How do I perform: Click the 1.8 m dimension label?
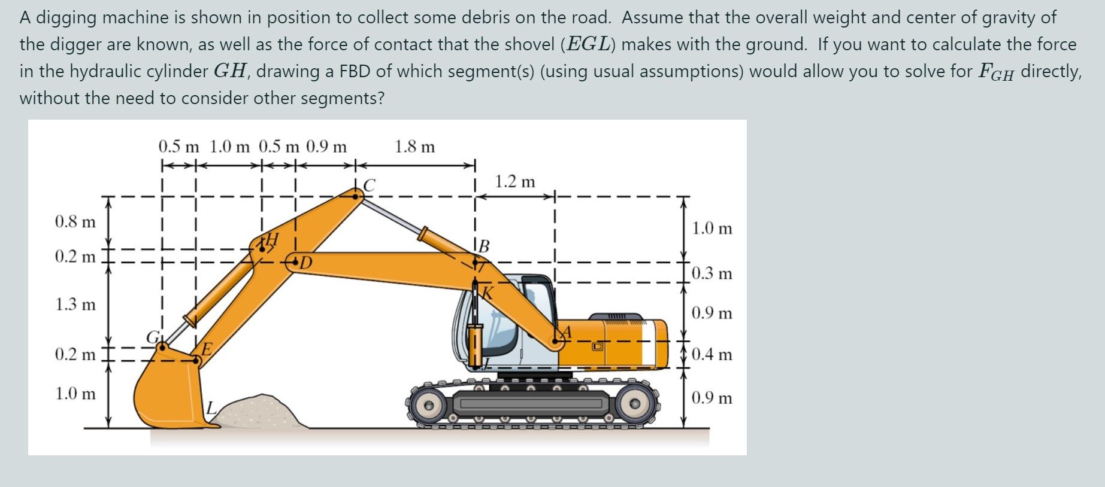pyautogui.click(x=414, y=147)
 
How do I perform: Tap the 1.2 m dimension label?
pyautogui.click(x=514, y=181)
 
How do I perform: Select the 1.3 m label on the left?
pyautogui.click(x=75, y=305)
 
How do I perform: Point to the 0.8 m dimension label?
pyautogui.click(x=75, y=222)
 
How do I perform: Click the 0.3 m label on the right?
pyautogui.click(x=712, y=273)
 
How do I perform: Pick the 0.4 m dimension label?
pyautogui.click(x=712, y=354)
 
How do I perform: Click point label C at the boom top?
pyautogui.click(x=370, y=185)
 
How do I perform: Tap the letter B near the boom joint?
pyautogui.click(x=483, y=246)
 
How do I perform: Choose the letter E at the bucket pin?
pyautogui.click(x=206, y=349)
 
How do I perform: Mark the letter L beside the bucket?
pyautogui.click(x=210, y=409)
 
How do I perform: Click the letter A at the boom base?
pyautogui.click(x=566, y=332)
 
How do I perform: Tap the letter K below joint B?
pyautogui.click(x=488, y=293)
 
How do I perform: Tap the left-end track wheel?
pyautogui.click(x=428, y=405)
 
